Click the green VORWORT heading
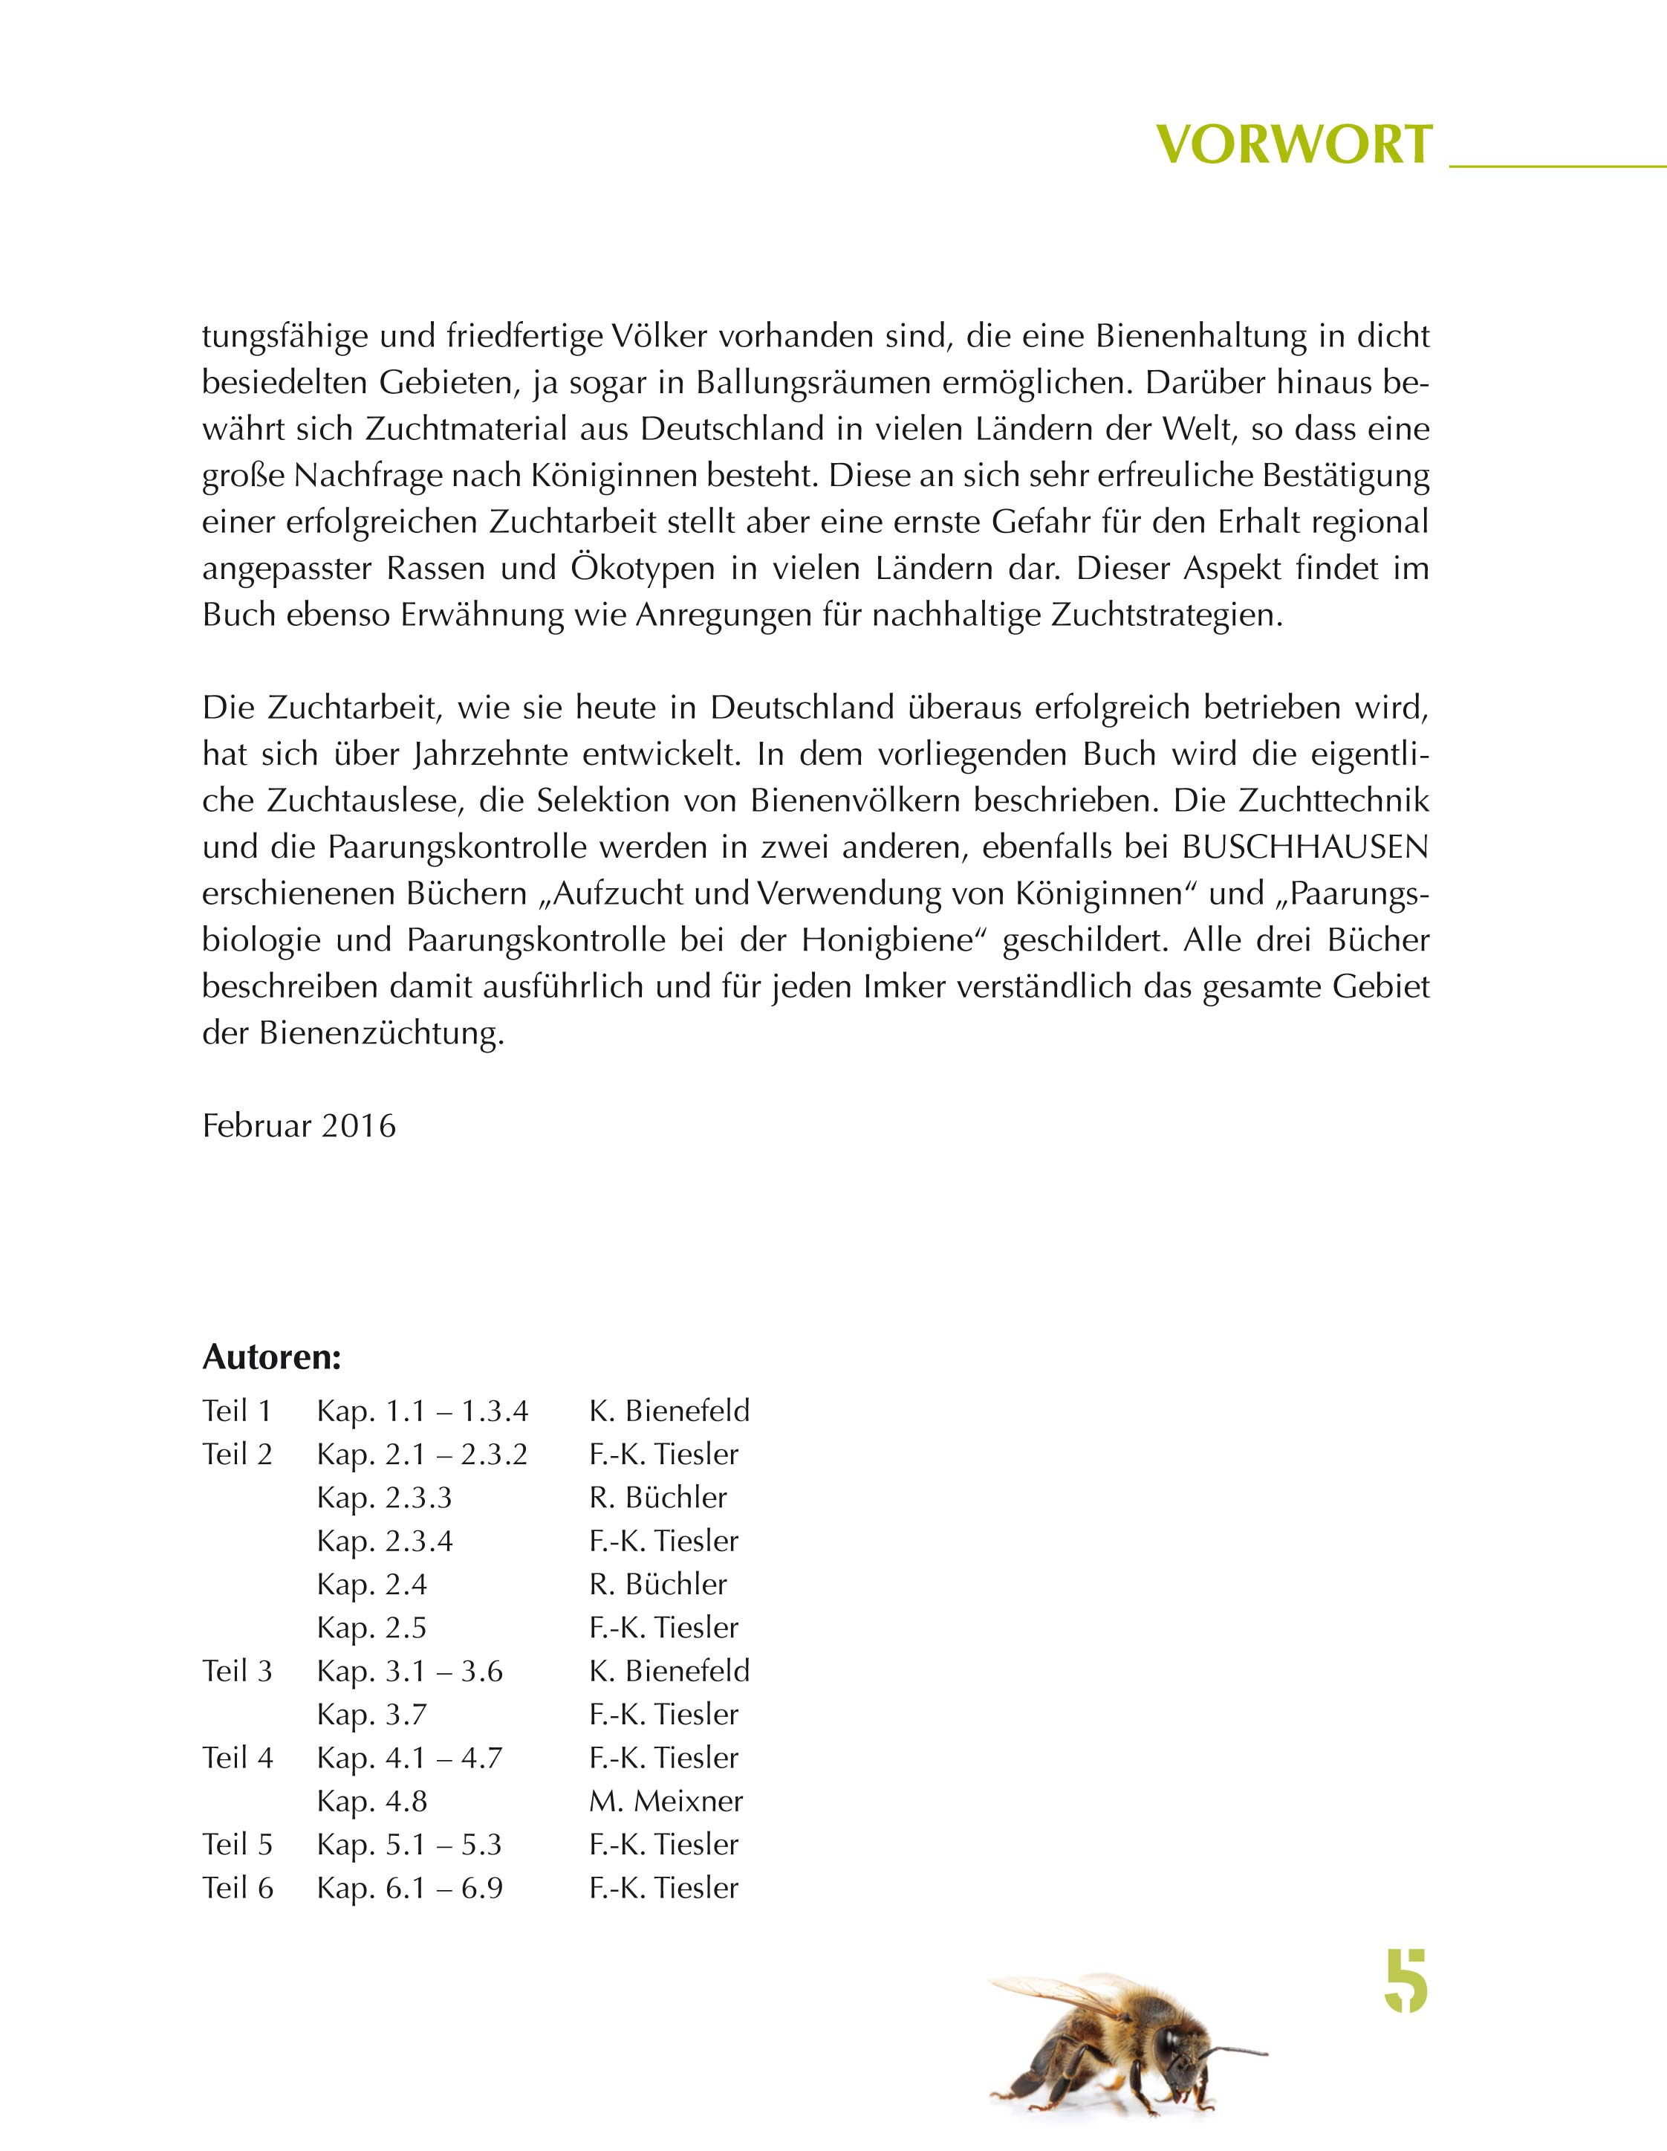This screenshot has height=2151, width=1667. [1293, 145]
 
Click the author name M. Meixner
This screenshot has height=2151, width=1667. [666, 1802]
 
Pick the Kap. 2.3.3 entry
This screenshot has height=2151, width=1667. [384, 1498]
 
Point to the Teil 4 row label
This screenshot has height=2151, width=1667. [237, 1758]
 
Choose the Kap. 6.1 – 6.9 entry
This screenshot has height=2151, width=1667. [409, 1888]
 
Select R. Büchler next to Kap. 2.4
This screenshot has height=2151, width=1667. [657, 1585]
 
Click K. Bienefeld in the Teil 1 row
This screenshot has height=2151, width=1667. [669, 1411]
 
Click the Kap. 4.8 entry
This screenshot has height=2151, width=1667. [372, 1802]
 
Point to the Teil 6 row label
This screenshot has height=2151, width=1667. [237, 1888]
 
